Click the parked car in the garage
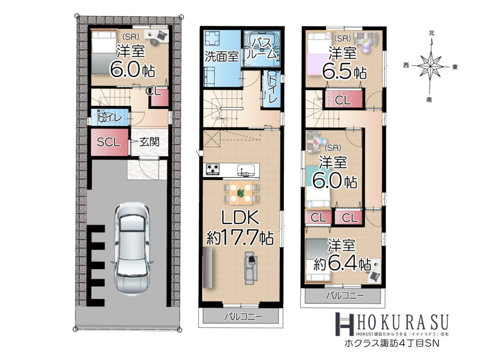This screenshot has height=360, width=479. (132, 248)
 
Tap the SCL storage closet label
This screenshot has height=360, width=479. (109, 142)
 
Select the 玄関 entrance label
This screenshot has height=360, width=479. (149, 142)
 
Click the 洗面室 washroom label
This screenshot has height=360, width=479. (221, 56)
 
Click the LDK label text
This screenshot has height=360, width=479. (240, 218)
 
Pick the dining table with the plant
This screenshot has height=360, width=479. (240, 193)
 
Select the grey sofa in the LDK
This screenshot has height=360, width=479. (250, 268)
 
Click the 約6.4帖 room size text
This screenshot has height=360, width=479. (342, 264)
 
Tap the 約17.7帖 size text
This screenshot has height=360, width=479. (240, 237)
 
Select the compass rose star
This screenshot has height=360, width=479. (430, 65)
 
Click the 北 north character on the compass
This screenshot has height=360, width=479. (431, 33)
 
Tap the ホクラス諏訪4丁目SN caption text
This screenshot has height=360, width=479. (392, 343)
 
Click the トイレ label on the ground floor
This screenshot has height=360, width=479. (109, 118)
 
